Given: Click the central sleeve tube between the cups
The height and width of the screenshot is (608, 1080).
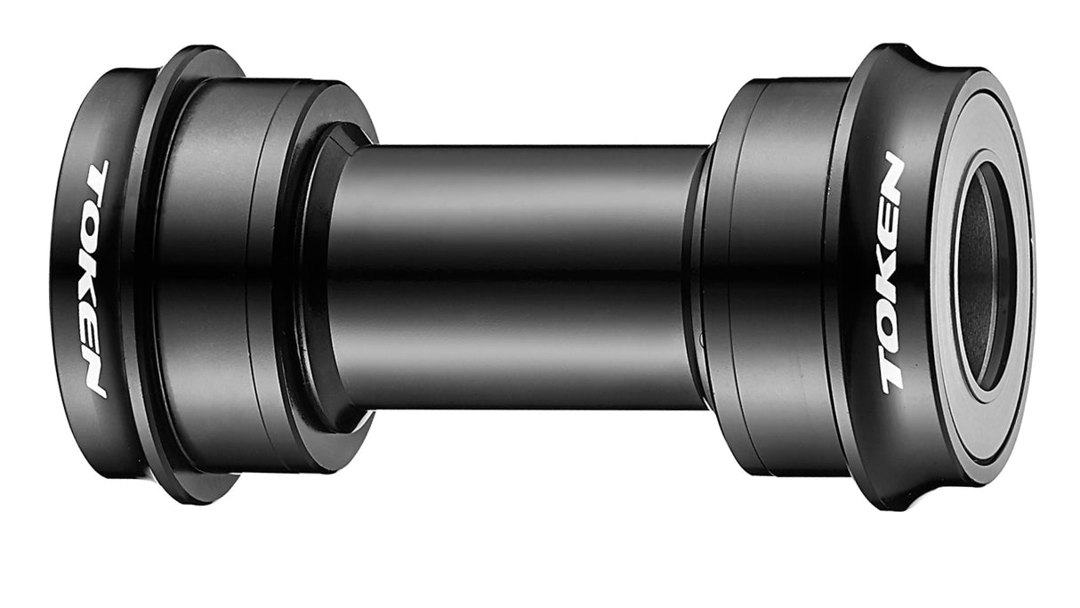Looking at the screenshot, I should coord(516,276).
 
